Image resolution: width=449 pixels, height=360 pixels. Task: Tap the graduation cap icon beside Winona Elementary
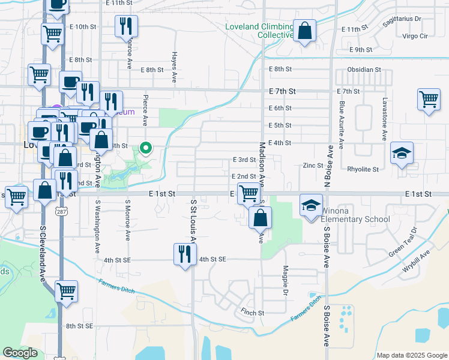tap(310, 206)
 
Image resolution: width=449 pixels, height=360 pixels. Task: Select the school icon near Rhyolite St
tap(402, 153)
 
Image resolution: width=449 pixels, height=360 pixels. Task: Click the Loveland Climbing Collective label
tap(258, 31)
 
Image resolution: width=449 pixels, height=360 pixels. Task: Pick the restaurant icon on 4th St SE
tap(184, 254)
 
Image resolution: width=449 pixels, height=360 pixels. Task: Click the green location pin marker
tap(145, 147)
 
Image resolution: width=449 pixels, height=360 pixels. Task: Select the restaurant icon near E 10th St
tap(126, 26)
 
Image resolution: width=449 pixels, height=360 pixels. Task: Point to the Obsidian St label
tap(365, 70)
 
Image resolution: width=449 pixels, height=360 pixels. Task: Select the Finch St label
tap(252, 313)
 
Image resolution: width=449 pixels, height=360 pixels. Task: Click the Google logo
tap(20, 353)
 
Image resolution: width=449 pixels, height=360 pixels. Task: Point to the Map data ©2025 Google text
tap(411, 355)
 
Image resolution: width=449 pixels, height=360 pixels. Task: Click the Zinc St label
tap(313, 166)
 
